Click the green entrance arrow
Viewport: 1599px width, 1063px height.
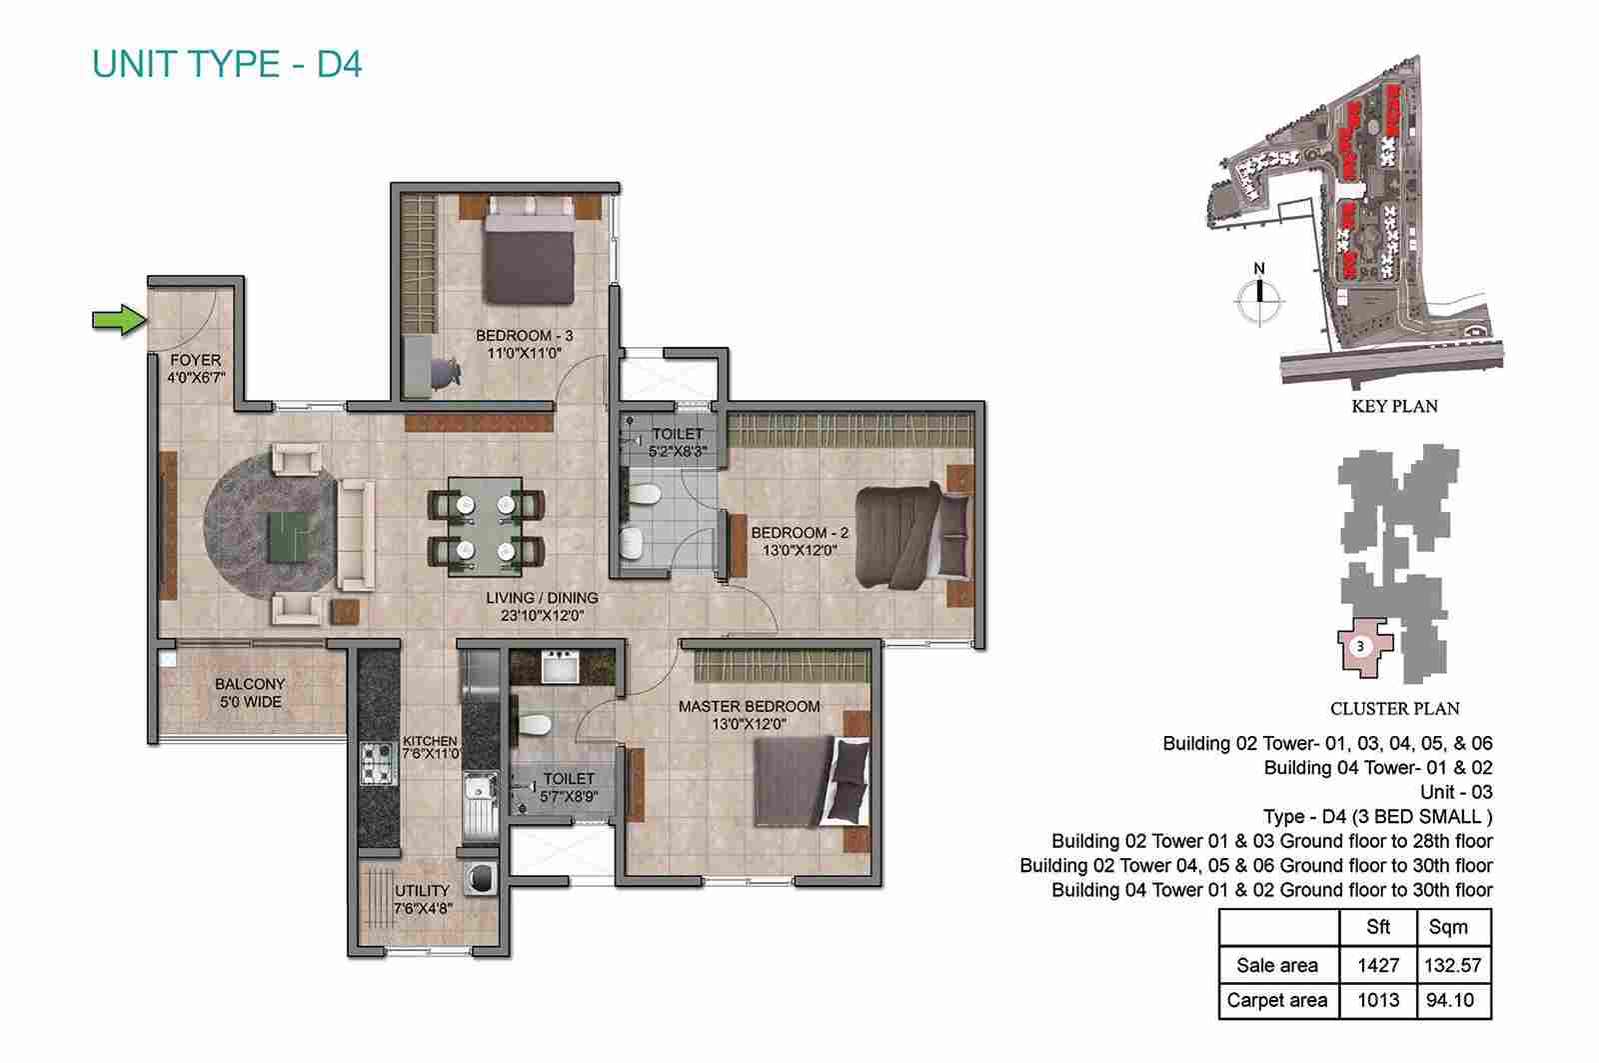tap(120, 319)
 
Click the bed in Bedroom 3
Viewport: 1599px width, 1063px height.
tap(529, 250)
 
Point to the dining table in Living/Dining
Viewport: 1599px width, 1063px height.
tap(486, 526)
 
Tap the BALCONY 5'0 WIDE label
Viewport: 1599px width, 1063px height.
tap(250, 693)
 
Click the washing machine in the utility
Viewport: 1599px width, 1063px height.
tap(481, 877)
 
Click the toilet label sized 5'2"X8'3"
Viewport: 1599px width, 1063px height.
tap(678, 442)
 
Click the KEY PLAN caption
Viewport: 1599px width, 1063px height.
tap(1395, 406)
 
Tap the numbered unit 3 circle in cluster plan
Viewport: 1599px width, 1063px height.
tap(1360, 646)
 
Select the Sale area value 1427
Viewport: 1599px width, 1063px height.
tap(1378, 965)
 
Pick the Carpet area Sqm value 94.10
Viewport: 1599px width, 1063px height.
tap(1450, 999)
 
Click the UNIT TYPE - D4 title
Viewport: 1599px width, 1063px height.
tap(227, 64)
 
